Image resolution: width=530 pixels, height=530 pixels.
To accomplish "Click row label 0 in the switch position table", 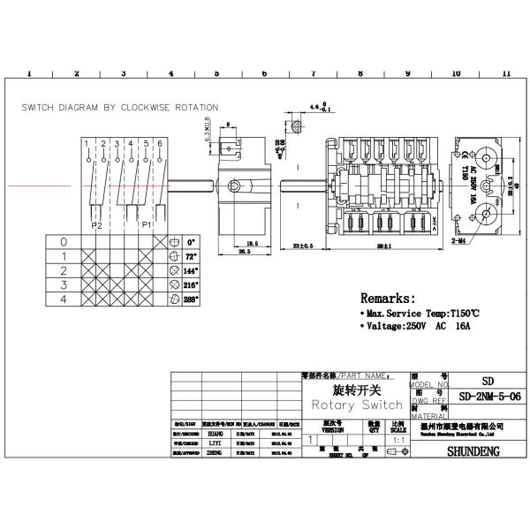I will (x=63, y=241).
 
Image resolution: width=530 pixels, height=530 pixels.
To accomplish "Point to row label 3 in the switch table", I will (x=63, y=286).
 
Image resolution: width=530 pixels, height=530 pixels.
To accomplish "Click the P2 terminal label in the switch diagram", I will (x=98, y=225).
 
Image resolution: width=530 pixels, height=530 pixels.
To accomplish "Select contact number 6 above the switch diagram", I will (x=159, y=143).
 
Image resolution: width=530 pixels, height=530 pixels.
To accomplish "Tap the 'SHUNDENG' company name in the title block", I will (x=478, y=450).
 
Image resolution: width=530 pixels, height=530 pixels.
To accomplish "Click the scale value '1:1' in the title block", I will (x=398, y=438).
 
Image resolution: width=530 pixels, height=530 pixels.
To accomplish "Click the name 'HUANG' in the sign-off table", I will (x=216, y=435).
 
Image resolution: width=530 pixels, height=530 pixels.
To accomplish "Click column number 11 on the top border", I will (x=505, y=74).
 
